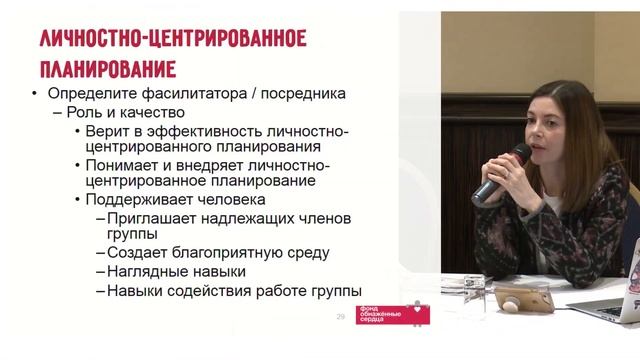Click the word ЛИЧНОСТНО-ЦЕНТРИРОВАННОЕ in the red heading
tap(171, 39)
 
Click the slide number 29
tap(340, 317)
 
